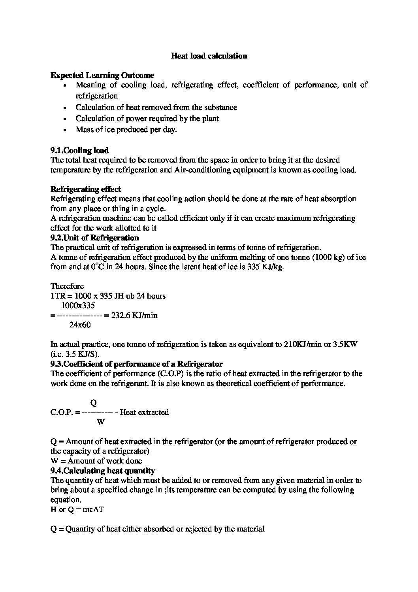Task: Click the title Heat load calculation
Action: pyautogui.click(x=209, y=56)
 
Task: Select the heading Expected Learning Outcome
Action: pyautogui.click(x=102, y=75)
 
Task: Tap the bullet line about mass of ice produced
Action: pyautogui.click(x=126, y=130)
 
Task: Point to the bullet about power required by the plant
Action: pyautogui.click(x=147, y=118)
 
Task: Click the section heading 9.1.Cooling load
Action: pyautogui.click(x=79, y=150)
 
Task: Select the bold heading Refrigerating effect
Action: pyautogui.click(x=86, y=189)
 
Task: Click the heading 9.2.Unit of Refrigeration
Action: pyautogui.click(x=94, y=238)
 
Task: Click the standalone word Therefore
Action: pyautogui.click(x=67, y=286)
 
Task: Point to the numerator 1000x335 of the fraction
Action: pyautogui.click(x=78, y=305)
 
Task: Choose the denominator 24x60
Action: pyautogui.click(x=80, y=325)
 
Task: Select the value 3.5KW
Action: pyautogui.click(x=344, y=344)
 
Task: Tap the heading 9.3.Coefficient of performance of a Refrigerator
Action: pyautogui.click(x=136, y=364)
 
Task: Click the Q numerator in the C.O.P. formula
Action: pyautogui.click(x=94, y=403)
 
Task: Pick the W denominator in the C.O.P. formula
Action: pyautogui.click(x=100, y=422)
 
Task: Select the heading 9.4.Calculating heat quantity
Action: pyautogui.click(x=103, y=471)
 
